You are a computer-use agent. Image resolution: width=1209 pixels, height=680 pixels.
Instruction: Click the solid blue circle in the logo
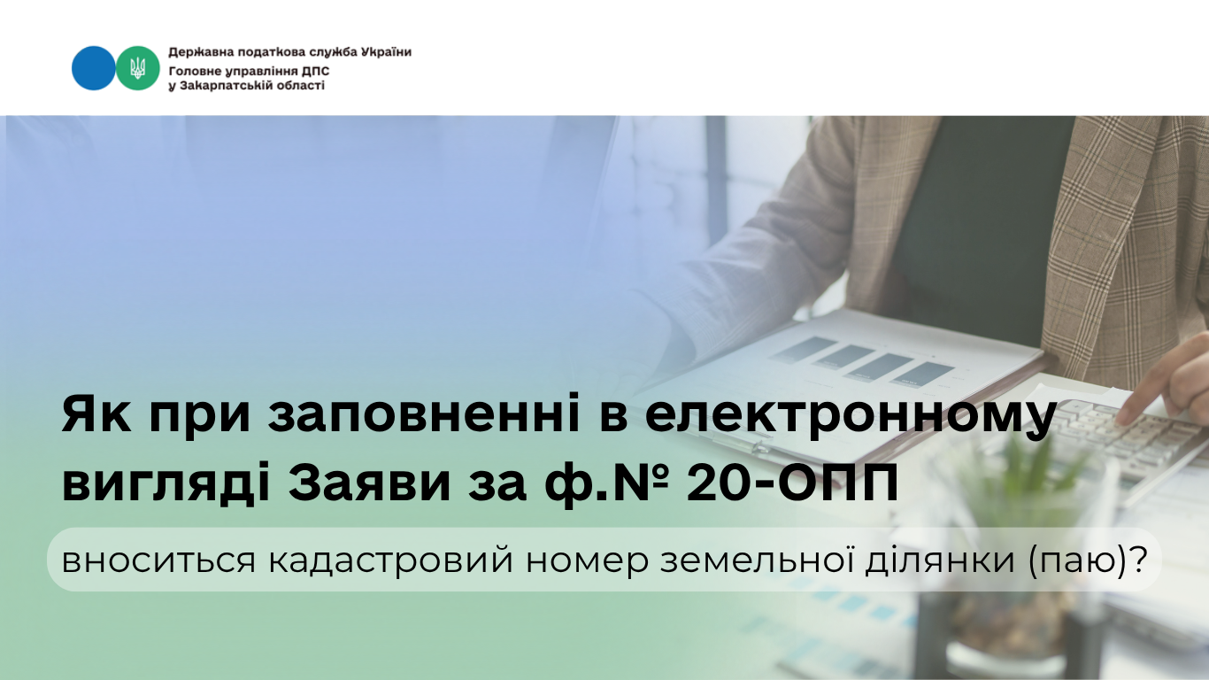pyautogui.click(x=93, y=68)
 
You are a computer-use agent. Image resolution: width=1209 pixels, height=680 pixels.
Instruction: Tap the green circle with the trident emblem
pyautogui.click(x=138, y=68)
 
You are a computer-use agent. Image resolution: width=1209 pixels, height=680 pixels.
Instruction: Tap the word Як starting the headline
pyautogui.click(x=96, y=414)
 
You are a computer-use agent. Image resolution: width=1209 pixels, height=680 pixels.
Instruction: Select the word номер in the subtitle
pyautogui.click(x=587, y=562)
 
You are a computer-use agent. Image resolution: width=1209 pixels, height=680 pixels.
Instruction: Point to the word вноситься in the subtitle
pyautogui.click(x=158, y=560)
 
